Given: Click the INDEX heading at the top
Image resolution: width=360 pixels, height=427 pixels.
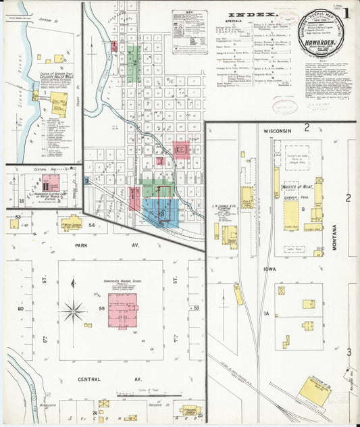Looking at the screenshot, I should pos(252,14).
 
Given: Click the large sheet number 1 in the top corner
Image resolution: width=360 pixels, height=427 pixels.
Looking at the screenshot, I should pos(346,13).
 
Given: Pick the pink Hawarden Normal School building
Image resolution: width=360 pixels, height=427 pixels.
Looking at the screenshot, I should pos(123,310).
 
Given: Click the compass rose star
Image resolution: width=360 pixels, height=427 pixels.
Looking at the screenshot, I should pos(72,311).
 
